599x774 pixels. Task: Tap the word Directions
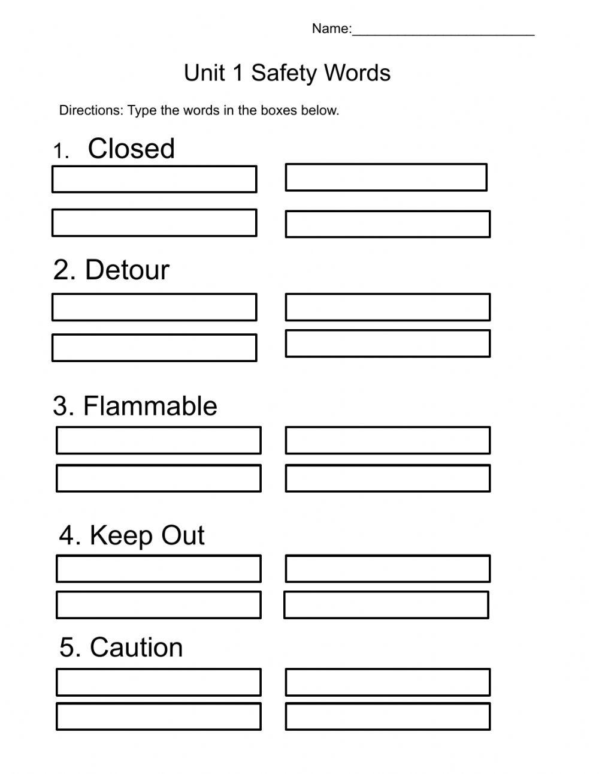90,110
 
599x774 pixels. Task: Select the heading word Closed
131,149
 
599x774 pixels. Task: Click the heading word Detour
127,270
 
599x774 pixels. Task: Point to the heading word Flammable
150,406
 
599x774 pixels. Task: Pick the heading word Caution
137,647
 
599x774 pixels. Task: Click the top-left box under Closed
154,179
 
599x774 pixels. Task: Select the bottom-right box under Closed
388,224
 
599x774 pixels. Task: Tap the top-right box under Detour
388,307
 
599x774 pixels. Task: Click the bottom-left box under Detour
154,348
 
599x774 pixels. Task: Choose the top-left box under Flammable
159,440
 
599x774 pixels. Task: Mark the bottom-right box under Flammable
388,478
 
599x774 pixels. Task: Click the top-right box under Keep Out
388,568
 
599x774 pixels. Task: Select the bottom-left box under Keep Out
159,605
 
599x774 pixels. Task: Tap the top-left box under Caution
159,682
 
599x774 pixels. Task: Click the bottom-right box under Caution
388,716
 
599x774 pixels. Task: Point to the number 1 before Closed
59,151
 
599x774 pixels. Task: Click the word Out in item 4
183,535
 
